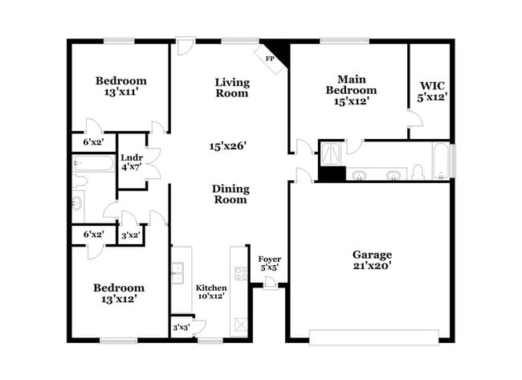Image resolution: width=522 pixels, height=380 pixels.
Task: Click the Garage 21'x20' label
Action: pyautogui.click(x=371, y=259)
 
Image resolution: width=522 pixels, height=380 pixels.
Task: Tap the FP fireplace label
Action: pyautogui.click(x=269, y=59)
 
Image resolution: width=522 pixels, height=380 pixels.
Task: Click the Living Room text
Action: pyautogui.click(x=231, y=88)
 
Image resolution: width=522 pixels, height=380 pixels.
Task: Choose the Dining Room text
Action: pyautogui.click(x=230, y=194)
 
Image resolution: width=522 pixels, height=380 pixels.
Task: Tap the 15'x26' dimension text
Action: pyautogui.click(x=227, y=146)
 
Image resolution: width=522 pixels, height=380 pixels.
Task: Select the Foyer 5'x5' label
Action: pyautogui.click(x=269, y=263)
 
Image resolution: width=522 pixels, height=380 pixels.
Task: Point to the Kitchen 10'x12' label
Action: pyautogui.click(x=211, y=292)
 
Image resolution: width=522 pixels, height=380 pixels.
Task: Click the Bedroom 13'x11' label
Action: pyautogui.click(x=120, y=86)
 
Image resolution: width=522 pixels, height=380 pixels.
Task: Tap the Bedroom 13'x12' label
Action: pyautogui.click(x=118, y=292)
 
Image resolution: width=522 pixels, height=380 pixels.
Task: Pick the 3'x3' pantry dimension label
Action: pyautogui.click(x=181, y=328)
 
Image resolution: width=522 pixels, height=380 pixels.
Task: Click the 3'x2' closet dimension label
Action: pyautogui.click(x=130, y=235)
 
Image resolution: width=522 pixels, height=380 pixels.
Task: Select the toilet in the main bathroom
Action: pyautogui.click(x=417, y=172)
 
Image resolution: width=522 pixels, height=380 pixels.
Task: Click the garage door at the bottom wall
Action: pyautogui.click(x=375, y=337)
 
